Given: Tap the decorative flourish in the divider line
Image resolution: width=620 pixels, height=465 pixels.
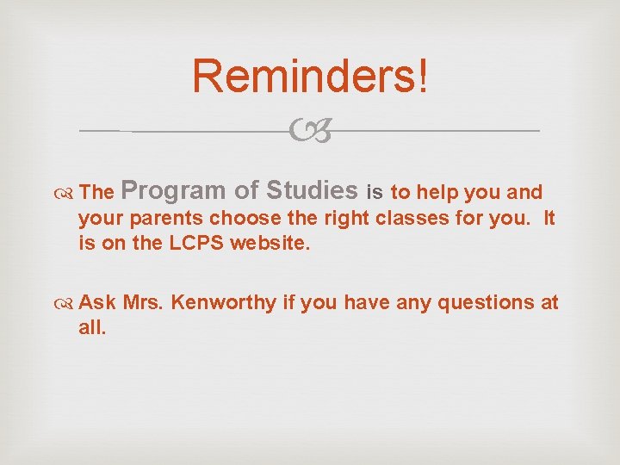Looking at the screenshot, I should point(309,132).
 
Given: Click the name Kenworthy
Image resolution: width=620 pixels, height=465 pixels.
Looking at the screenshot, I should point(227,302).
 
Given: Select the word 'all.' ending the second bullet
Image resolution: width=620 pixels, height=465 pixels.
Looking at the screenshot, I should point(92,327).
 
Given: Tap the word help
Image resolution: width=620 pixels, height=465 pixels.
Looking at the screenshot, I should point(434,191).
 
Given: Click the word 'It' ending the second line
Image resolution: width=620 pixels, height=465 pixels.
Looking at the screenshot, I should point(549,217).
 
